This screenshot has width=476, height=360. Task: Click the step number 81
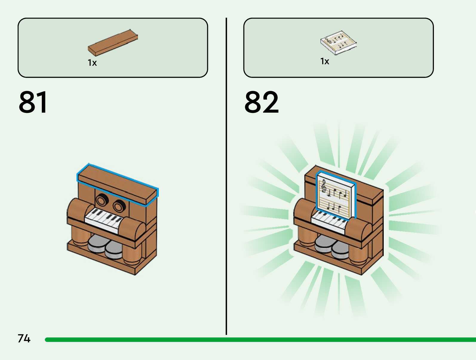point(33,102)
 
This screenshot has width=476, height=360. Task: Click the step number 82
point(262,102)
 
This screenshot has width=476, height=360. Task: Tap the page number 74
point(24,338)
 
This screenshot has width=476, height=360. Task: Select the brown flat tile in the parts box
point(113,43)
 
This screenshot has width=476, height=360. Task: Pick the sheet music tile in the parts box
point(338,42)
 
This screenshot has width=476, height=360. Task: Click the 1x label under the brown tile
point(92,63)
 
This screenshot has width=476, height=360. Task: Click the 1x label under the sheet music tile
point(325,61)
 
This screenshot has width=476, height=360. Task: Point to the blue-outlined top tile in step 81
point(117,183)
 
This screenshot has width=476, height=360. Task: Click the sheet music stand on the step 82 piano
point(336,196)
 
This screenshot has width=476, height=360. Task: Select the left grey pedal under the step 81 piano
point(96,243)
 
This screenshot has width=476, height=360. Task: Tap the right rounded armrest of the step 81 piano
point(132,228)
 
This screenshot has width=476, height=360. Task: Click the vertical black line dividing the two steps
point(226,176)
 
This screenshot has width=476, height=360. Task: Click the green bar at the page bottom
point(260,340)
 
